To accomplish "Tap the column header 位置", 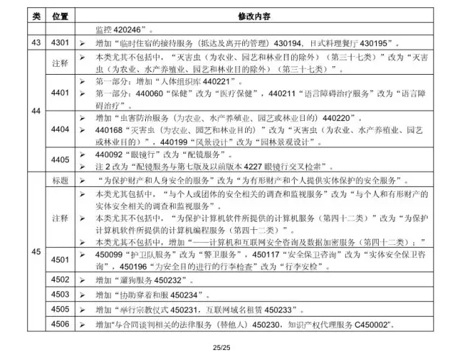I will click(x=60, y=16).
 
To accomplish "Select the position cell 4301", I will click(x=60, y=43).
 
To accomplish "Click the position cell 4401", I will click(x=60, y=92).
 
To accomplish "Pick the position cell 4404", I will click(x=60, y=130).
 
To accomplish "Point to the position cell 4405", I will click(x=60, y=160).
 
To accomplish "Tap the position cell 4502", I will click(x=60, y=280).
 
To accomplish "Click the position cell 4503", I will click(x=60, y=295).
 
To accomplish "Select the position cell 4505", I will click(x=60, y=310).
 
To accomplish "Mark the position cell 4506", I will click(x=60, y=325).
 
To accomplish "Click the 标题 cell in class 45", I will click(x=60, y=180).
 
